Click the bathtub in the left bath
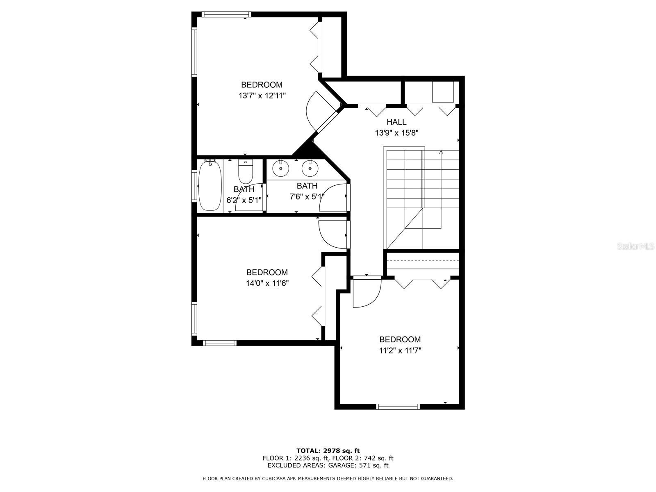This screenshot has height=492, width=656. pos(210,186)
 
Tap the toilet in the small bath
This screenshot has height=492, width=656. pos(245,172)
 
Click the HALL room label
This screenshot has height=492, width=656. pos(396,122)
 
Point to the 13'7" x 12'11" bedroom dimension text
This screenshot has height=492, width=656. pos(262,96)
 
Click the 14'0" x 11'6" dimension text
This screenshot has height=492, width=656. pos(267,283)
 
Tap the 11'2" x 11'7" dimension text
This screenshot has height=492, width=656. pos(400,351)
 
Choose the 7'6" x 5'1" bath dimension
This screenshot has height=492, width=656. pos(307,197)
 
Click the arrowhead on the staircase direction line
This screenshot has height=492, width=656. pos(441,153)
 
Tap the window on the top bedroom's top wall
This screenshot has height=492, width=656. pos(225,14)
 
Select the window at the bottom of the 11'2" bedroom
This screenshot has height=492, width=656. pos(397,406)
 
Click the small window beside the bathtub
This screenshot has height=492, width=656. pos(195,186)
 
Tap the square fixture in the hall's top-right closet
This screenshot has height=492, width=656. pos(443,92)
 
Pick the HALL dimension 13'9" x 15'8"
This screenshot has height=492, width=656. pos(396,133)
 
